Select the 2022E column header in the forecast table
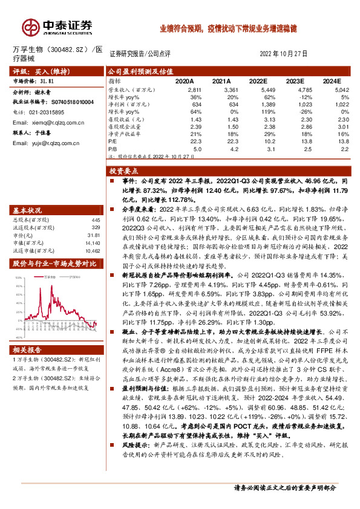pos(258,80)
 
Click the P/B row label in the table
pos(113,148)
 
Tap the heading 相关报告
pos(27,349)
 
